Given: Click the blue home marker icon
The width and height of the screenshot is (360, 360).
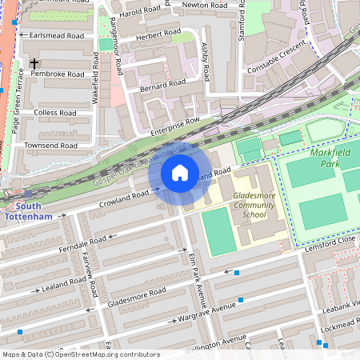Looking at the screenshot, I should click(180, 173).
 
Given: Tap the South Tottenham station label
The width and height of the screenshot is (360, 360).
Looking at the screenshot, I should click(28, 210).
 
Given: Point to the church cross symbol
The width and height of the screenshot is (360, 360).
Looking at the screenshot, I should click(34, 62).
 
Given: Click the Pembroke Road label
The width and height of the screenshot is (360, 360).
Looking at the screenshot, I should click(57, 74).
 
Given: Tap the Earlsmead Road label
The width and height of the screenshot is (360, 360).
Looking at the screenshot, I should click(56, 36).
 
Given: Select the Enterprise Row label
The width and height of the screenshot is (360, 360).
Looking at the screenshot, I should click(174, 126).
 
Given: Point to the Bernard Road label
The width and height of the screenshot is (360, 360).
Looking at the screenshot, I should click(162, 84).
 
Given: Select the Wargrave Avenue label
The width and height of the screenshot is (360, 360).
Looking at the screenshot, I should click(210, 309).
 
